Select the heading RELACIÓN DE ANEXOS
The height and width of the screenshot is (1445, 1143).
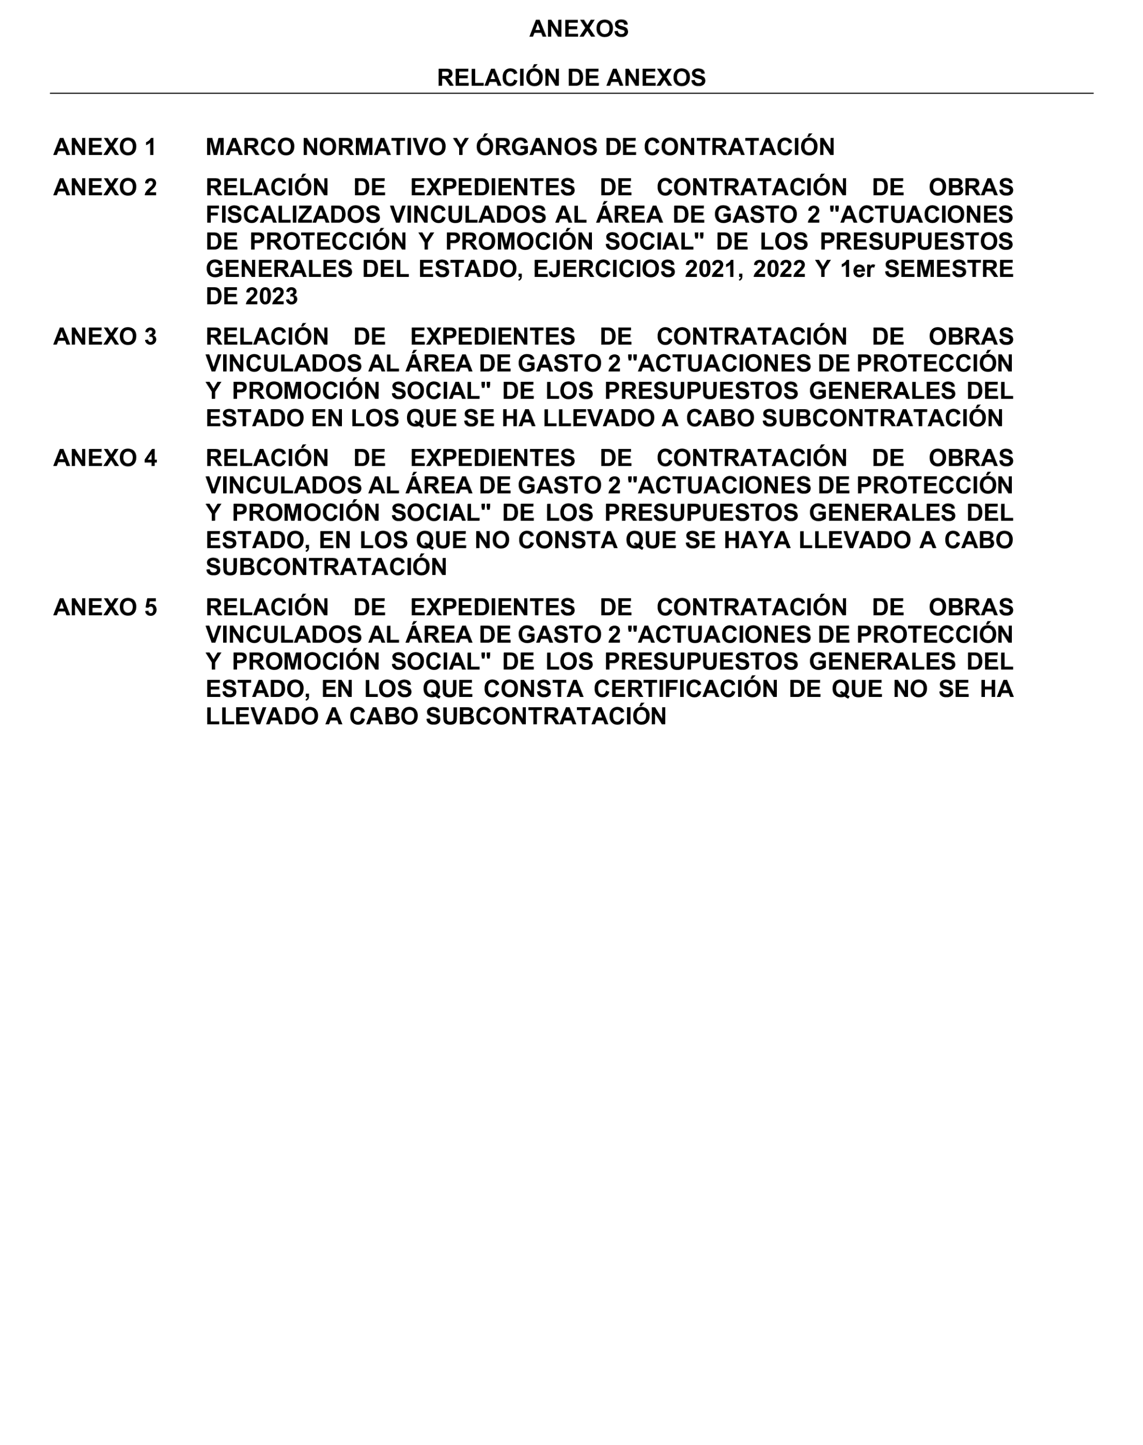click(x=571, y=77)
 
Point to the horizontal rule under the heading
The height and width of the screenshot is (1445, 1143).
click(x=571, y=93)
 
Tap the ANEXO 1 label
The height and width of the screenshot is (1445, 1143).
click(x=104, y=147)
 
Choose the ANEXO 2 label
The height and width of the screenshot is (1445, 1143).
click(x=104, y=187)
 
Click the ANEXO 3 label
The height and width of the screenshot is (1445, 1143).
click(x=104, y=337)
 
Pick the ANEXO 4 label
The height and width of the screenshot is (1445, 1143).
click(x=104, y=459)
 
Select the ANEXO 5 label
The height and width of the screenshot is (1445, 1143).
click(x=104, y=608)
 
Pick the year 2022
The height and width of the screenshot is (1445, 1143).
click(x=779, y=269)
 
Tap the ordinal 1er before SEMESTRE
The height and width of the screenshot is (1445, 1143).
click(x=857, y=269)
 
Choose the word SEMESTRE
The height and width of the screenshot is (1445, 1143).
click(x=948, y=269)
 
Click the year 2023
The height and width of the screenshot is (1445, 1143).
click(x=272, y=296)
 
